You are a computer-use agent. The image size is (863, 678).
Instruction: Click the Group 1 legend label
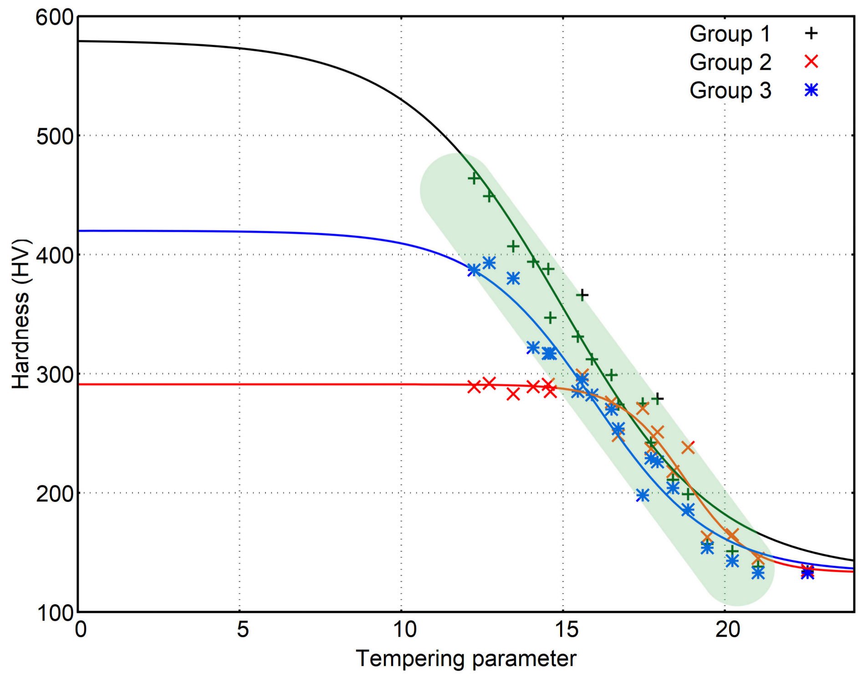coord(730,34)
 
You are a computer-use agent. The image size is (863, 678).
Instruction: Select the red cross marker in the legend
coord(811,61)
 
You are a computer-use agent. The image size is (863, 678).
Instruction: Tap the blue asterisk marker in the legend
coord(811,90)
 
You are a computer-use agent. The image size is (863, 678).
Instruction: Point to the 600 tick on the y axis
coord(55,18)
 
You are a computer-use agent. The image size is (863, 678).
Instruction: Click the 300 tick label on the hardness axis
coord(55,375)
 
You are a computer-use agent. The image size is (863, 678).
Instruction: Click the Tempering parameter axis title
coord(466,659)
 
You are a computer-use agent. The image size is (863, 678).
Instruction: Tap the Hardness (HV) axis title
coord(20,314)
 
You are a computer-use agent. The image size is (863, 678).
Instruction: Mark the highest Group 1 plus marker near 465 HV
coord(474,178)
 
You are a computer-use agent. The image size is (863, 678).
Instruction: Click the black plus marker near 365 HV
coord(582,295)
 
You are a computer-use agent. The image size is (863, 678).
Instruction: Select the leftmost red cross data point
coord(474,387)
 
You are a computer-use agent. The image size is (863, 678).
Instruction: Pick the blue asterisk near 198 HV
coord(642,495)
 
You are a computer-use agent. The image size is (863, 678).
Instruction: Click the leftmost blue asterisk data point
coord(474,270)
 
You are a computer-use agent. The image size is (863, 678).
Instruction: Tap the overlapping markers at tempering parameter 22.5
coord(807,571)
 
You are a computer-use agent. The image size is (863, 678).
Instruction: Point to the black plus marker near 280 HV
coord(657,398)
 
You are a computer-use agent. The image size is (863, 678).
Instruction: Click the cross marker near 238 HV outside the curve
coord(688,448)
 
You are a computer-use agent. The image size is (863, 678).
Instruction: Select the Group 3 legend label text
coord(730,90)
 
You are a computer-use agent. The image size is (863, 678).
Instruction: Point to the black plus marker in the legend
coord(811,33)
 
